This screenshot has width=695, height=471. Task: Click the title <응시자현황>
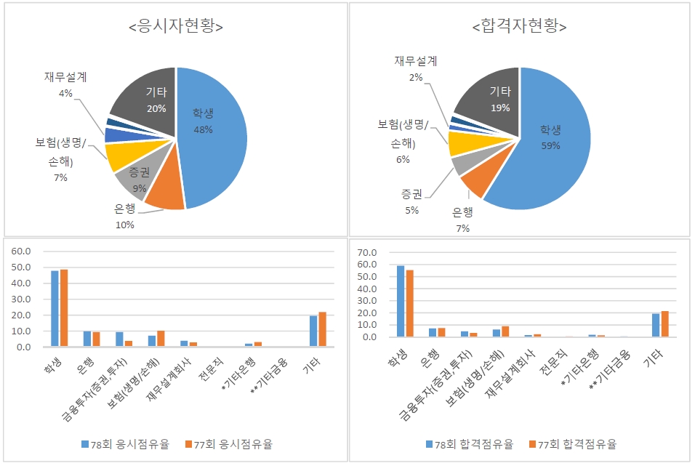tap(174, 27)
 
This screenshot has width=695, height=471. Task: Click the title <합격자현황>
tap(519, 27)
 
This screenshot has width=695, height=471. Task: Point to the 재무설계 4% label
tap(65, 85)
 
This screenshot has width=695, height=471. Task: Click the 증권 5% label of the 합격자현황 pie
tap(411, 202)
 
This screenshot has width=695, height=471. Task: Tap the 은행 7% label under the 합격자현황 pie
tap(462, 220)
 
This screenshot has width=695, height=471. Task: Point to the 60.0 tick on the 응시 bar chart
tap(22, 251)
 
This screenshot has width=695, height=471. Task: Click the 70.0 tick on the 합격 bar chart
tap(368, 253)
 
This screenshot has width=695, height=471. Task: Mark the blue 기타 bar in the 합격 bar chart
tap(656, 325)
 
